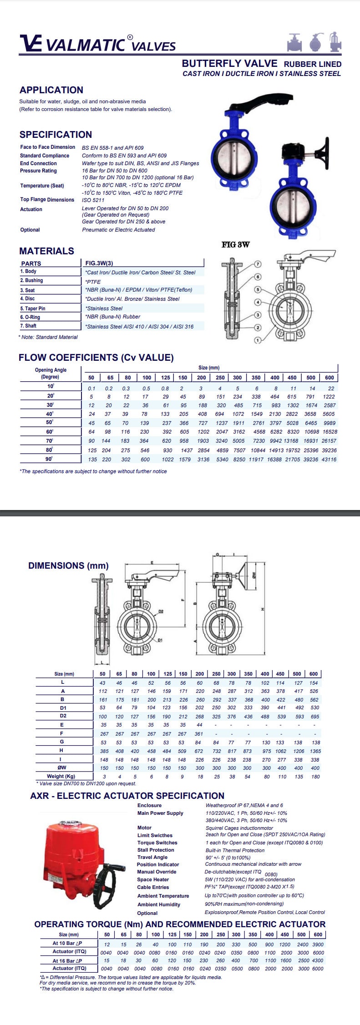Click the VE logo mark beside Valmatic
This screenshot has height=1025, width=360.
click(x=31, y=44)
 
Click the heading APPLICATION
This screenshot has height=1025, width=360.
click(x=51, y=90)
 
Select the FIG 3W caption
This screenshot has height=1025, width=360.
click(x=235, y=245)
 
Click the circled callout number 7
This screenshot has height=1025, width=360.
click(x=258, y=264)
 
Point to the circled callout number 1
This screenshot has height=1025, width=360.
click(x=258, y=340)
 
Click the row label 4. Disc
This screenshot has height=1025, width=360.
click(x=27, y=298)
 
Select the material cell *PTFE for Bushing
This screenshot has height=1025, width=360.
click(x=93, y=282)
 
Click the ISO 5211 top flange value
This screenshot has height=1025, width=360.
click(x=93, y=200)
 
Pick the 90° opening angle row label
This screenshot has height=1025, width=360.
click(x=50, y=459)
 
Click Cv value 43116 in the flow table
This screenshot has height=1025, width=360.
click(x=329, y=459)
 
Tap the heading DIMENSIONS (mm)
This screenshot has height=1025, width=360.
click(x=68, y=566)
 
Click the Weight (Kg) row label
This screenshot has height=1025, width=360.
click(x=61, y=776)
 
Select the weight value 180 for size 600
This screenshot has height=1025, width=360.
click(x=315, y=777)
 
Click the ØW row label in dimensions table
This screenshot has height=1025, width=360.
click(x=62, y=768)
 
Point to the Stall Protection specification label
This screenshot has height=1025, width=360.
click(x=156, y=850)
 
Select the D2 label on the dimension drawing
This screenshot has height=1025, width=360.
click(x=161, y=611)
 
